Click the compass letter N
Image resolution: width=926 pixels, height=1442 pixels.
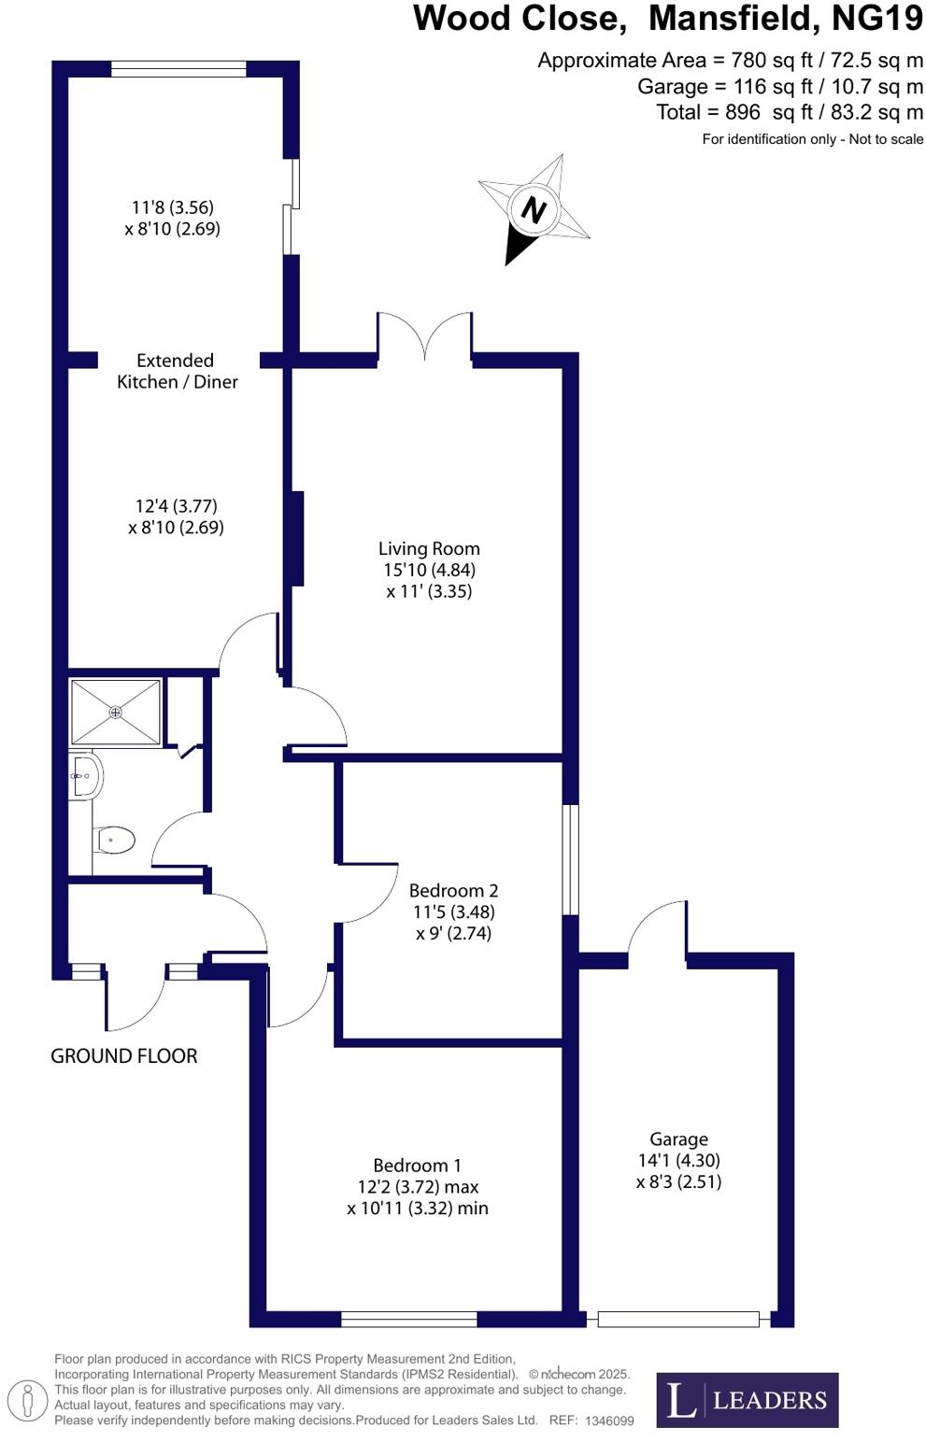coord(533,209)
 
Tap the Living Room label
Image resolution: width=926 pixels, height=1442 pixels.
coord(429,548)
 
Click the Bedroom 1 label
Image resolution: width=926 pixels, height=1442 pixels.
coord(417,1165)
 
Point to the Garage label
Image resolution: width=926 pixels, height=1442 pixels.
coord(678,1138)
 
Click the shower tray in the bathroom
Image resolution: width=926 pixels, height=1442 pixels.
coord(115,712)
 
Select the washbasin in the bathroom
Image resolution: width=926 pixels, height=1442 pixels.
coord(85,775)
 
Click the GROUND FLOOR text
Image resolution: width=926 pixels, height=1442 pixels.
coord(123,1055)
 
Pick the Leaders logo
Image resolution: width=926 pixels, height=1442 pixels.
coord(747,1399)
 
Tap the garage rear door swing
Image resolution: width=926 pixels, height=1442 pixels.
coord(658,928)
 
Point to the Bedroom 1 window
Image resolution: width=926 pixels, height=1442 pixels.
coord(408,1319)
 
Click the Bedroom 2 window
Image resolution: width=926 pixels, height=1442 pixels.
coord(570,859)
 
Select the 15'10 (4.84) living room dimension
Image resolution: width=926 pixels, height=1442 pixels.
coord(429,570)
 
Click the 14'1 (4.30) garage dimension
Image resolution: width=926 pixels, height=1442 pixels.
coord(678,1160)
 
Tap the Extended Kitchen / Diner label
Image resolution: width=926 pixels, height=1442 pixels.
coord(177,371)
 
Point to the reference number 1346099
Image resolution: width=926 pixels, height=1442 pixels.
coord(609,1421)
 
